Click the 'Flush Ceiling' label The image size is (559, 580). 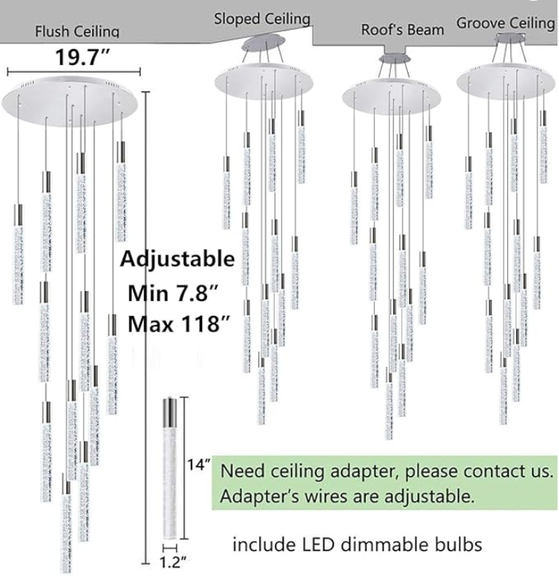click(x=77, y=31)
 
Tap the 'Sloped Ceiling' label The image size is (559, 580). click(x=262, y=19)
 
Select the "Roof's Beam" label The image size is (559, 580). click(x=402, y=30)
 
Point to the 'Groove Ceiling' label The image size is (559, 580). click(x=505, y=23)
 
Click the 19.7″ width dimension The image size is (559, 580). click(x=82, y=58)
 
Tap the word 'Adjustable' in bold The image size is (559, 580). click(x=177, y=258)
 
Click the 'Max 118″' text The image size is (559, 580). click(x=179, y=324)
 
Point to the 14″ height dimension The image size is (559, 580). click(x=198, y=465)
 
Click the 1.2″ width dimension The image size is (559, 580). click(x=172, y=562)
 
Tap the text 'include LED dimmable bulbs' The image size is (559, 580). click(x=358, y=545)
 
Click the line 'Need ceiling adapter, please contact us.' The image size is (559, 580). click(x=387, y=471)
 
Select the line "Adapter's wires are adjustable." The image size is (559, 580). click(x=347, y=496)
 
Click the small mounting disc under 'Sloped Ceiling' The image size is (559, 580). click(x=263, y=43)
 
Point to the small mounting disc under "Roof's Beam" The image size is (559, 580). click(x=395, y=58)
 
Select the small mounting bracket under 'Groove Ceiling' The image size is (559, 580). click(x=510, y=37)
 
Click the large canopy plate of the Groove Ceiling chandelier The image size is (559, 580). click(x=506, y=81)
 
